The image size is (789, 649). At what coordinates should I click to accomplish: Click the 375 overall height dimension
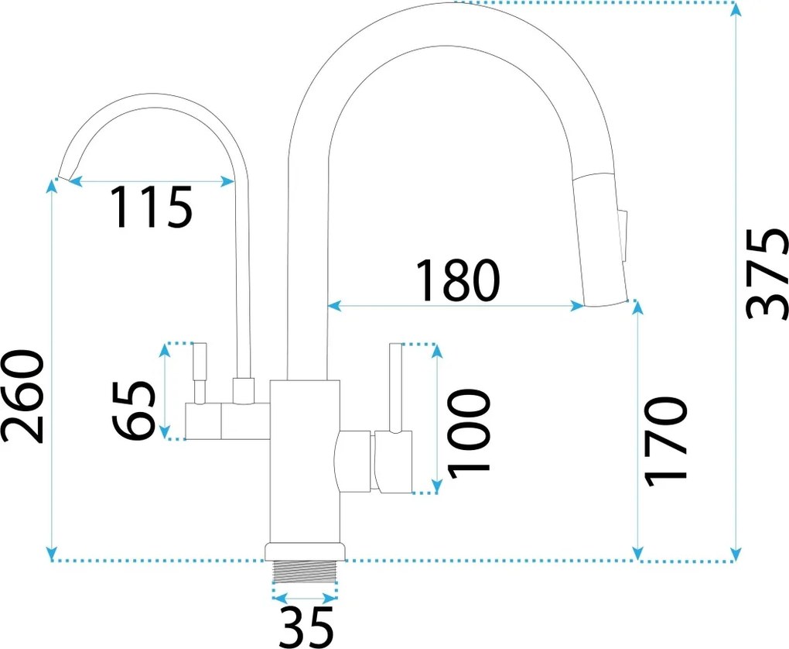(767, 274)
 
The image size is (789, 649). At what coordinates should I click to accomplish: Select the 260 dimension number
(22, 396)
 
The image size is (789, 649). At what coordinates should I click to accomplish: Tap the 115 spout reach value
(152, 208)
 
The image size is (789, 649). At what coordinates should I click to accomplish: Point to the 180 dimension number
(458, 280)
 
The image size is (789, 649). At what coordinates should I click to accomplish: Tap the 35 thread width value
(307, 627)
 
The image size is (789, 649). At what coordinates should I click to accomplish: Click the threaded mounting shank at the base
(306, 572)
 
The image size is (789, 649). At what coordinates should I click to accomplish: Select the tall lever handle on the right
(395, 380)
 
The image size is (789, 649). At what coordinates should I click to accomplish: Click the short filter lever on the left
(200, 373)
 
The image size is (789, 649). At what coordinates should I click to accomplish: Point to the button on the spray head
(624, 235)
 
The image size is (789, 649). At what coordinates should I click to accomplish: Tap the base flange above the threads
(306, 551)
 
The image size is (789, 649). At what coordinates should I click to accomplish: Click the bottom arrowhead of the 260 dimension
(51, 554)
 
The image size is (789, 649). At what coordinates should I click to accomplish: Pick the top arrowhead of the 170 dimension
(638, 307)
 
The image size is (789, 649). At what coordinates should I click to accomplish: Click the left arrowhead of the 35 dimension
(278, 599)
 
